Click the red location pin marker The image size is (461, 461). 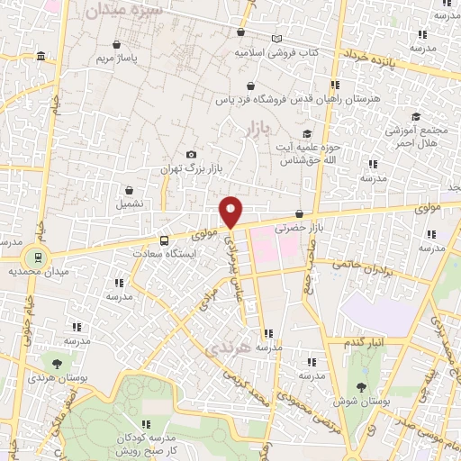(232, 212)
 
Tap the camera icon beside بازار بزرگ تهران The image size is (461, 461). (190, 155)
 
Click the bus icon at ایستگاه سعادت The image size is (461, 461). (164, 240)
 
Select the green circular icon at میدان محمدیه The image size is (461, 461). (34, 256)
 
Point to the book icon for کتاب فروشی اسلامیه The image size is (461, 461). (276, 39)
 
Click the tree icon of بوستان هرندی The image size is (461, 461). (58, 364)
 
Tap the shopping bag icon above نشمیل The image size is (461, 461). (131, 190)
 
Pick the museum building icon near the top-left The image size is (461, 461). (41, 59)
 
